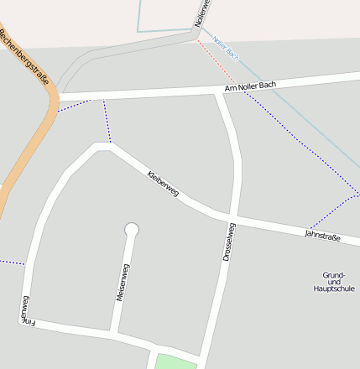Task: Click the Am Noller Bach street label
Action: point(250,86)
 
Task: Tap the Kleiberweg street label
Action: point(163,184)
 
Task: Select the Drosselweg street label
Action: point(229,242)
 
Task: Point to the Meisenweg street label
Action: point(123,283)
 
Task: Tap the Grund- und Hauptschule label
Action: point(333,282)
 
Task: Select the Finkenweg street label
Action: point(25,309)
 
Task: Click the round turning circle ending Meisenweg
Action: point(131,229)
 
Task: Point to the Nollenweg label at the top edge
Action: point(201,13)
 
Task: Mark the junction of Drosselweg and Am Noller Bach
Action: point(221,91)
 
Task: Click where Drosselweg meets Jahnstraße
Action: point(232,221)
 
